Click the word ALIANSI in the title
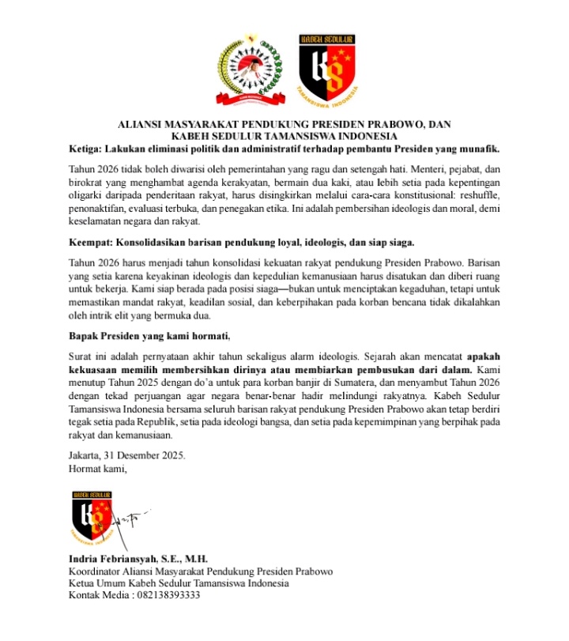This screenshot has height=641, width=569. click(142, 125)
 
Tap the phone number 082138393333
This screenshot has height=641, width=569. click(166, 596)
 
